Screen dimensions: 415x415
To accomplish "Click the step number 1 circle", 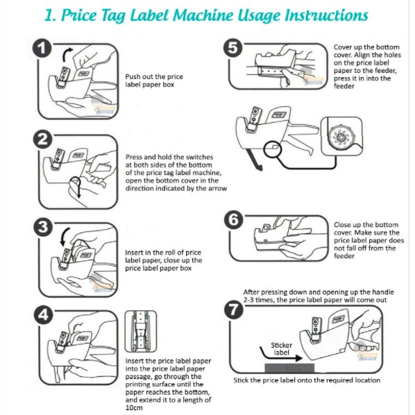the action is (x=42, y=49).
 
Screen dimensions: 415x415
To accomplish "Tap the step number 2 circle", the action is (x=42, y=139).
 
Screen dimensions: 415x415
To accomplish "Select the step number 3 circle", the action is (x=43, y=228).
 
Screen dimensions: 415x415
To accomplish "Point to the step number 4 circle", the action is (x=43, y=315).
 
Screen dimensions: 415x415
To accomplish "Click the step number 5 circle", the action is (x=233, y=48).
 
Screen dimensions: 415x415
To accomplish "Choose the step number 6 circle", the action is (x=233, y=220).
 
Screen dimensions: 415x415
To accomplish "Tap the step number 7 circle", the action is (x=234, y=310).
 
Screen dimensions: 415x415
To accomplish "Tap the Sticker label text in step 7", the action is (x=282, y=349).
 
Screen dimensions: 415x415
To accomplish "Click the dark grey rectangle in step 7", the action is (x=289, y=368).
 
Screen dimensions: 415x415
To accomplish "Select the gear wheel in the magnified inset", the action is (x=341, y=137).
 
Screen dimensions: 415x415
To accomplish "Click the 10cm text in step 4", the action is (x=134, y=407).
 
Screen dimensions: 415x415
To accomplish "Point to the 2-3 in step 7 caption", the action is (x=250, y=300).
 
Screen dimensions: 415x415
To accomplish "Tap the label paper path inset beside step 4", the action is (x=141, y=331).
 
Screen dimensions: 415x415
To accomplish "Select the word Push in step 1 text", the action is (x=133, y=77).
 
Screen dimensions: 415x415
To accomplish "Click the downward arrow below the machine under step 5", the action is (x=255, y=160).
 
